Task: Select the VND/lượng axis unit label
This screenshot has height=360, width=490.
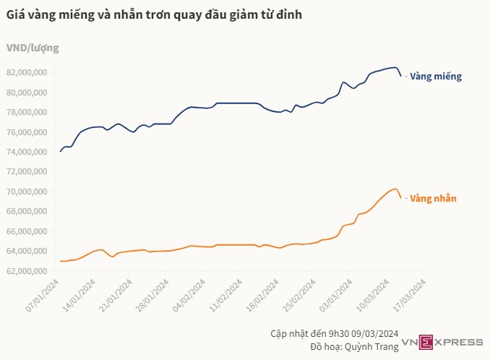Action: pos(33,48)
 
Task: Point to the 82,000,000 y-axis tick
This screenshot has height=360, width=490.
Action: pos(27,72)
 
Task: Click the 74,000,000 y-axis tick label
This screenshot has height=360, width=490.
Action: pos(27,152)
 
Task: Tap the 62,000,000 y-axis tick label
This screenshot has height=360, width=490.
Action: pos(27,271)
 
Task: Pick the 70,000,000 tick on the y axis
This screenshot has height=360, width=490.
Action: pos(27,192)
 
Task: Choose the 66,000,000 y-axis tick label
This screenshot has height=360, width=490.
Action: pos(27,231)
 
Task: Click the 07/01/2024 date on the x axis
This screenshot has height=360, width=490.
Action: pos(43,296)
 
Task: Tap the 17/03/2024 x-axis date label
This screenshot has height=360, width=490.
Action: pos(408,296)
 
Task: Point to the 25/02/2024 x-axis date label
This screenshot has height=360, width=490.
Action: pos(298,296)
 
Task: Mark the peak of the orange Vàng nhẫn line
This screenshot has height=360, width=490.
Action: pos(395,189)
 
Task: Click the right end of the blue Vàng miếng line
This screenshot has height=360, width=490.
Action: pos(400,76)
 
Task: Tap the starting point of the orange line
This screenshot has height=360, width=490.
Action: pos(60,261)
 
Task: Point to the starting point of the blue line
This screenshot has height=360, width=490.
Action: pos(60,152)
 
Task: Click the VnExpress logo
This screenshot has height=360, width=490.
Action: pos(442,341)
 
